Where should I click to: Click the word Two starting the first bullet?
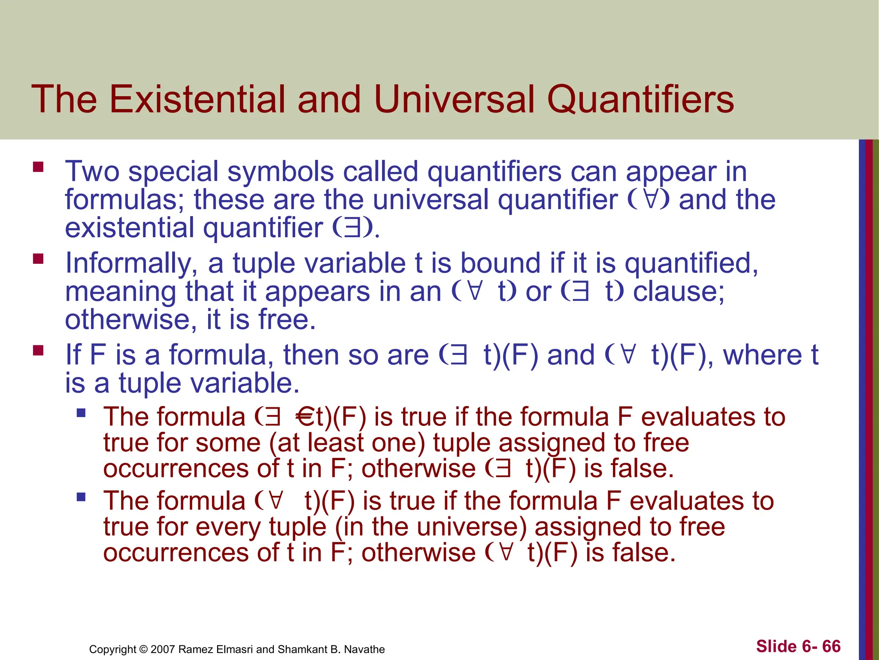(x=92, y=171)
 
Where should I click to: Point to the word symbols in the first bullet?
(x=280, y=172)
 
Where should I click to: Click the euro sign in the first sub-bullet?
(x=305, y=417)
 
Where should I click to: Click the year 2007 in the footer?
(x=163, y=649)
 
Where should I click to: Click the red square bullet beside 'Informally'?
(x=38, y=258)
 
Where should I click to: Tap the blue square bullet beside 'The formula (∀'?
(x=81, y=498)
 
